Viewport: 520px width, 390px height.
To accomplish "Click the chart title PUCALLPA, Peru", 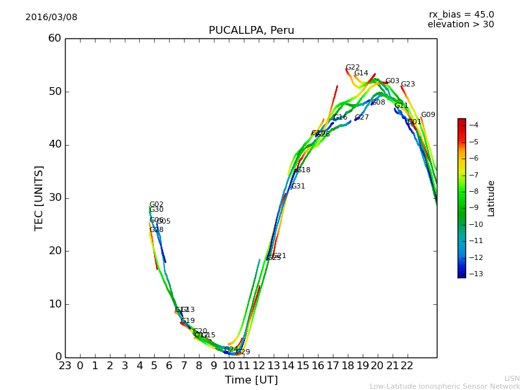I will click(x=251, y=31).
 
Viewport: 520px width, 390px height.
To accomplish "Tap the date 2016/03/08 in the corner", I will click(x=51, y=18).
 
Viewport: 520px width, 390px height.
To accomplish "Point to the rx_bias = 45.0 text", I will click(x=461, y=14).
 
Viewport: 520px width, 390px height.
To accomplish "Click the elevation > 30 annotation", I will click(x=460, y=25).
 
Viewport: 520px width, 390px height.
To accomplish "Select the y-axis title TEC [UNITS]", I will click(x=39, y=198).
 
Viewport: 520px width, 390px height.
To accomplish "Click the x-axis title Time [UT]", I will click(x=251, y=380).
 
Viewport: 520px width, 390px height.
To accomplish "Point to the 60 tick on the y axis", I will click(x=55, y=38).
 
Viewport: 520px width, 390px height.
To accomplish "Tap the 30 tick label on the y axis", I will click(x=55, y=198).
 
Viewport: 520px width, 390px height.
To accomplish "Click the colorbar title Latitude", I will click(x=491, y=198).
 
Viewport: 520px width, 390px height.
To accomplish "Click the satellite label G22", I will click(x=352, y=68).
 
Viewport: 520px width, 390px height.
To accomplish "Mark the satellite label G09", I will click(x=428, y=115).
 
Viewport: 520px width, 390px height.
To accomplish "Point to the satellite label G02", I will click(x=156, y=205).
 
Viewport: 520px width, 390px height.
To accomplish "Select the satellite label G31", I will click(x=298, y=187).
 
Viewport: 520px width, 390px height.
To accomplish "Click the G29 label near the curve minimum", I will click(x=242, y=352).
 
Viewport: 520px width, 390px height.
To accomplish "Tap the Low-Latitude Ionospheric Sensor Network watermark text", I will click(x=445, y=386).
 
